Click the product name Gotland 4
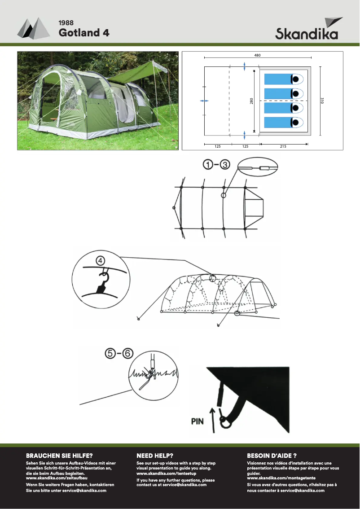pyautogui.click(x=84, y=33)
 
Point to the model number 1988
pyautogui.click(x=66, y=22)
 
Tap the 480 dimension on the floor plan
pyautogui.click(x=257, y=55)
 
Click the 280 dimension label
pyautogui.click(x=251, y=101)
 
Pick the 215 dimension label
pyautogui.click(x=283, y=147)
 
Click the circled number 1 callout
pyautogui.click(x=208, y=165)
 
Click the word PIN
pyautogui.click(x=198, y=421)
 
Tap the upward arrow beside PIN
pyautogui.click(x=213, y=420)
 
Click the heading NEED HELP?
pyautogui.click(x=155, y=455)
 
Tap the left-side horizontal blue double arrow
pyautogui.click(x=204, y=101)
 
